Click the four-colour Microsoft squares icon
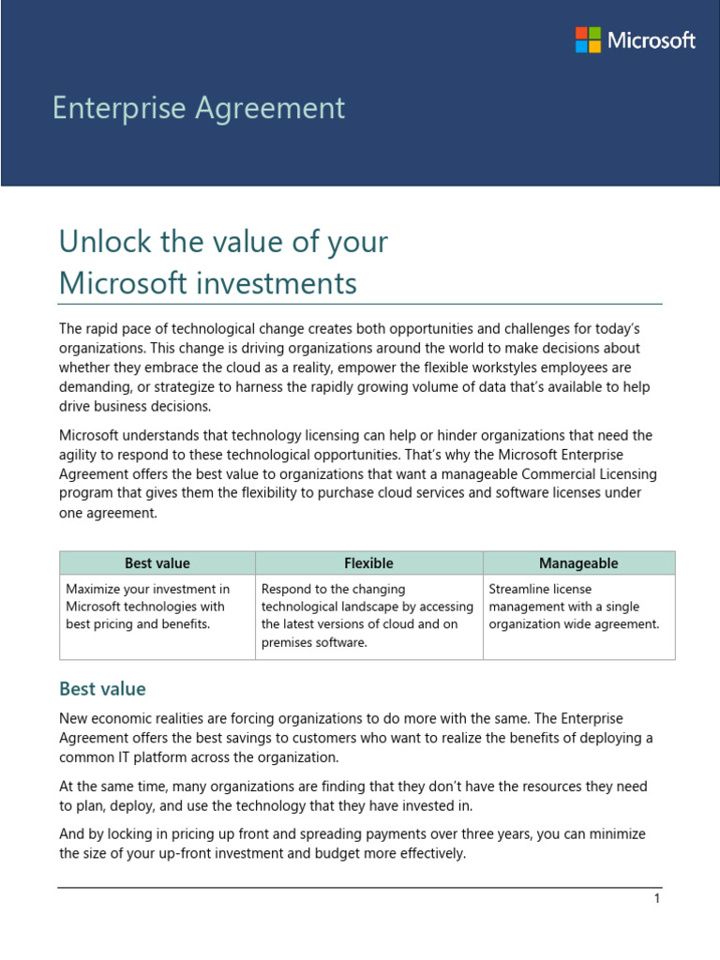588,40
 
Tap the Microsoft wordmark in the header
651,40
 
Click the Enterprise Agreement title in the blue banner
199,109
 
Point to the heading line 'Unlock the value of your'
223,242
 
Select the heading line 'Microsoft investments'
207,283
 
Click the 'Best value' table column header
157,563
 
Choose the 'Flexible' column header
368,563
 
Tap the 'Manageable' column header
578,563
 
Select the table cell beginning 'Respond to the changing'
367,615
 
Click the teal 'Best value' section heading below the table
102,689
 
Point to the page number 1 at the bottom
657,899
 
